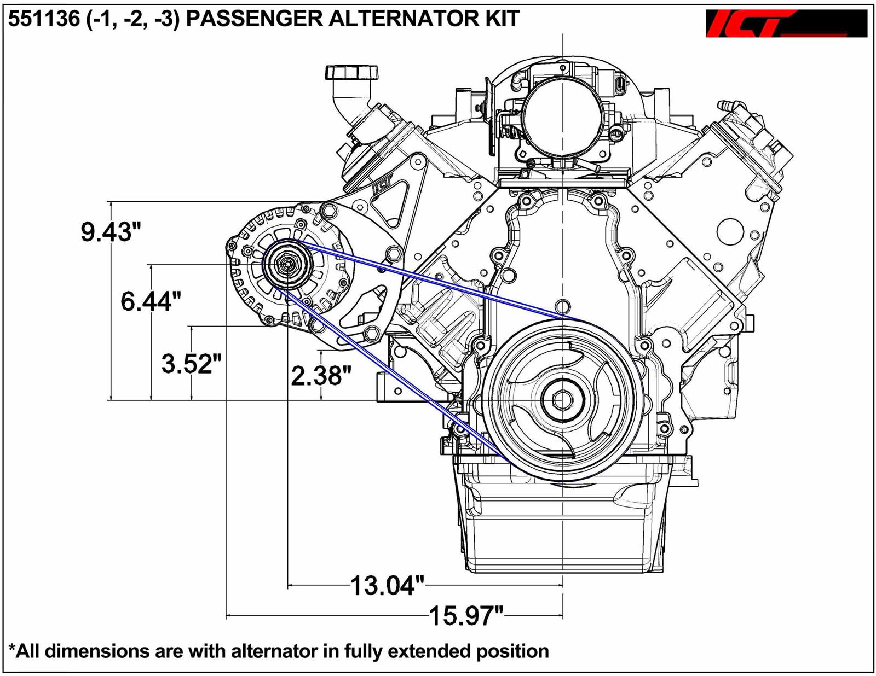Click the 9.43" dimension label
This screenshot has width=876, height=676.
click(x=107, y=232)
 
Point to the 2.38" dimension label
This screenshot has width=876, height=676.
click(x=321, y=376)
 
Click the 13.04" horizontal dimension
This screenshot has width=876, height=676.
click(x=387, y=586)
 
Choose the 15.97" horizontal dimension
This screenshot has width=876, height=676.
click(x=465, y=616)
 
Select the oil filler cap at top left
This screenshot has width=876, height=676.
click(x=351, y=72)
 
